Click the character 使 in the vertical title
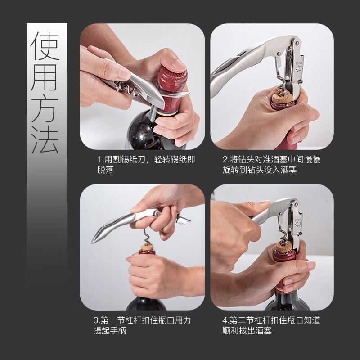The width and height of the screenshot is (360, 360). [x=45, y=46]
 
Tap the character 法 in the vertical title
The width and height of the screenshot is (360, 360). [x=45, y=139]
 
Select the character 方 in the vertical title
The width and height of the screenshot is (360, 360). [x=45, y=109]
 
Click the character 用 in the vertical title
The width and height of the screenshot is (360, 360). [x=45, y=77]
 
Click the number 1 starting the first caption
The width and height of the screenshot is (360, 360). [x=99, y=159]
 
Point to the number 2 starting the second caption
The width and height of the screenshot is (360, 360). [x=225, y=159]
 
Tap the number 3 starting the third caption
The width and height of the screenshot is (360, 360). [x=96, y=320]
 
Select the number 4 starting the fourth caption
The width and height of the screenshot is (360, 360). [x=225, y=320]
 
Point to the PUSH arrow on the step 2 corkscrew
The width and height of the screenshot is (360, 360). [x=298, y=68]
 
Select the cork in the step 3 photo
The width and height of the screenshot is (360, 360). [x=147, y=247]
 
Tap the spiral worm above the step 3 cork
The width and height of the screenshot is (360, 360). [x=146, y=236]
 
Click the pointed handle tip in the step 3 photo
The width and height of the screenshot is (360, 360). [x=93, y=241]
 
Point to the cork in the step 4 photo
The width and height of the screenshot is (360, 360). [x=284, y=247]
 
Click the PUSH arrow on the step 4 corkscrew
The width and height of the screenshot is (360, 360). [x=298, y=224]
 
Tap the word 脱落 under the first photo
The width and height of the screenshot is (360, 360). [x=105, y=170]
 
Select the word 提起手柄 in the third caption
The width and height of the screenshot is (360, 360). [x=110, y=331]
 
